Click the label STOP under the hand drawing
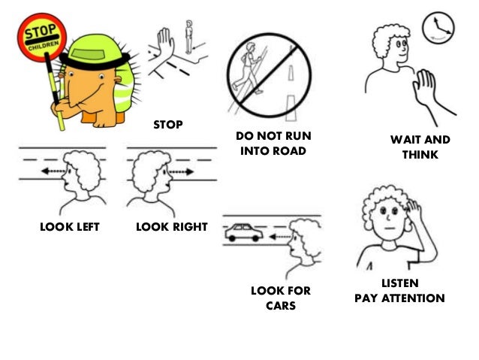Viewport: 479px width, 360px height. [167, 124]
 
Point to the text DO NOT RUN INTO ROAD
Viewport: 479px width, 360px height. [273, 144]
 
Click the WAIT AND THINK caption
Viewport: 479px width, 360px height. [420, 147]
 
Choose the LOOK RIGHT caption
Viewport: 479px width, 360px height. [171, 226]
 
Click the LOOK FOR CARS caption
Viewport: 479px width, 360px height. [280, 298]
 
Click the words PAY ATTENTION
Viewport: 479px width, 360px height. [399, 298]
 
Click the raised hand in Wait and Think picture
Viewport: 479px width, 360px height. [426, 93]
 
